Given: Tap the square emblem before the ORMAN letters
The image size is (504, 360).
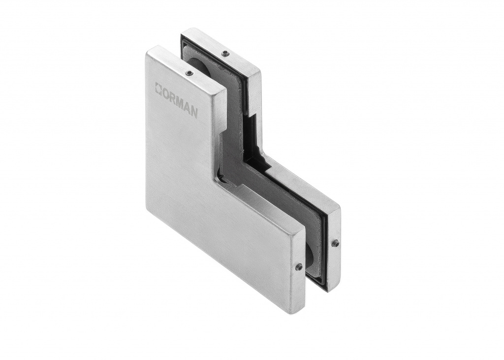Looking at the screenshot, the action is point(158,88).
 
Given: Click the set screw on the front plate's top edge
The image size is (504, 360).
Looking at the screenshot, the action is point(189,73).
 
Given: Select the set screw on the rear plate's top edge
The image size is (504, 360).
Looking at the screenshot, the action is point(225,53).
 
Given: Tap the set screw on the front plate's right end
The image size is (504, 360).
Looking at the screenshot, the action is point(299,266).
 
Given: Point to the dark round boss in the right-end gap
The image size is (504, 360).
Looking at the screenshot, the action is point(310,256).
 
